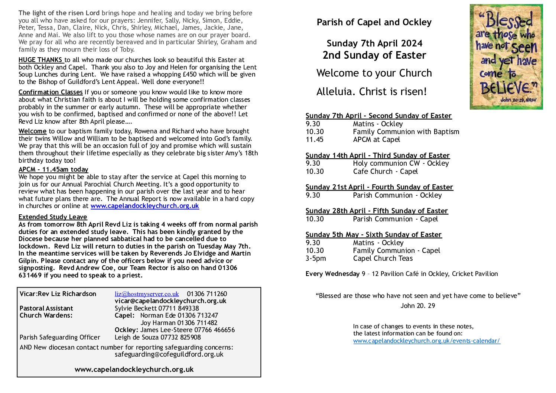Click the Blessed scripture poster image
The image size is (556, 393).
(506, 57)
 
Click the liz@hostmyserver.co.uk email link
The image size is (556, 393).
(147, 294)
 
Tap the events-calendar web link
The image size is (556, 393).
(426, 341)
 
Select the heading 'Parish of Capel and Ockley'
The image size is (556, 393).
(374, 22)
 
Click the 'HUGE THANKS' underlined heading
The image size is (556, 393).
(41, 60)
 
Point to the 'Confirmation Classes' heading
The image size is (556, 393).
(51, 92)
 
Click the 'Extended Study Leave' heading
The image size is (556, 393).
(53, 217)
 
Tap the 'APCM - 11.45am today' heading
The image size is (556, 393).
(53, 169)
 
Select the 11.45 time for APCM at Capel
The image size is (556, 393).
(314, 140)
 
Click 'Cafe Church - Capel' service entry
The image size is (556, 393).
(385, 171)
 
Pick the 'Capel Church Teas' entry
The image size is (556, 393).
(383, 259)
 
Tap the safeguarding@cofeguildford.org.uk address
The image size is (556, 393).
(169, 354)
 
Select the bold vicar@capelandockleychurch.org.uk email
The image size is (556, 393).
(170, 301)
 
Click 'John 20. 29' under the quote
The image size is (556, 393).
(417, 306)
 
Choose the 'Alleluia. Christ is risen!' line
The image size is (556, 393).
(371, 92)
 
